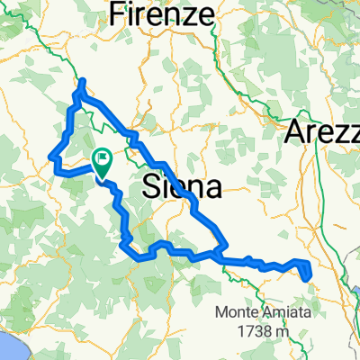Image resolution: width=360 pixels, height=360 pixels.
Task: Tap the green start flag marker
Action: pos(102,163)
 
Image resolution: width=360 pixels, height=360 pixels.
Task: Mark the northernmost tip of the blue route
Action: pos(82,82)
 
